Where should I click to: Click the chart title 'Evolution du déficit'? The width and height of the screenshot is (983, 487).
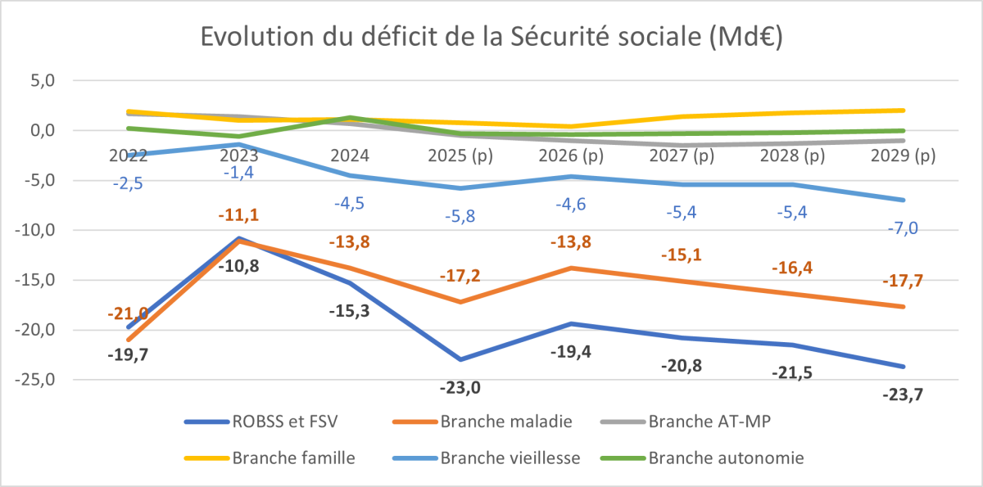491,37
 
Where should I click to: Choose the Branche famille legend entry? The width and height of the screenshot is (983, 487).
294,458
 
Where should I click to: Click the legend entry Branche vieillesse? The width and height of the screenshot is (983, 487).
510,458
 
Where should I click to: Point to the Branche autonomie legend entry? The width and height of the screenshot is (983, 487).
726,458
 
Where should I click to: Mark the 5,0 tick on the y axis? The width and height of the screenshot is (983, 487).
43,81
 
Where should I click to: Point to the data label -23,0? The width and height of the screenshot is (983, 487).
461,387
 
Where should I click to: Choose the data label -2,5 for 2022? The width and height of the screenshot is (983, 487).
128,184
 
